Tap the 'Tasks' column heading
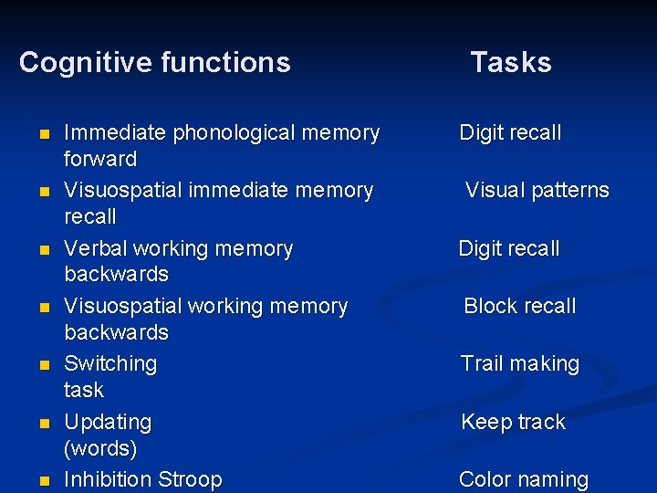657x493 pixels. (x=511, y=63)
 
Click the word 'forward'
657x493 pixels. (x=100, y=159)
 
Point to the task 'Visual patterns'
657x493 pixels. (x=537, y=191)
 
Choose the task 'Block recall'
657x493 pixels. (x=520, y=307)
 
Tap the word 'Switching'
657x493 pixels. (x=110, y=363)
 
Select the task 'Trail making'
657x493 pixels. (x=520, y=364)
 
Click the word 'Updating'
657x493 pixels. (x=108, y=423)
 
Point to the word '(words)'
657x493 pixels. (x=100, y=449)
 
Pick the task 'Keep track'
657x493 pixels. (x=513, y=423)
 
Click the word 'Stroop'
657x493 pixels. (x=190, y=479)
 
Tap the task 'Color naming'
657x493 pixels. (x=524, y=479)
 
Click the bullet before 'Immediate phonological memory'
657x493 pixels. (x=43, y=134)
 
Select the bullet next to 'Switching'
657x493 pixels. (x=43, y=365)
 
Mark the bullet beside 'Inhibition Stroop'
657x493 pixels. (x=43, y=481)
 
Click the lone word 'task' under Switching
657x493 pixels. (x=84, y=390)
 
